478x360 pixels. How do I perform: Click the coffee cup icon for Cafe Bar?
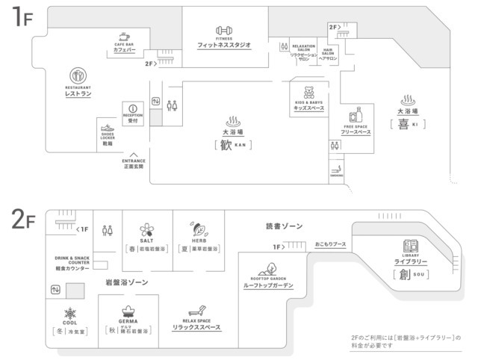click(124, 36)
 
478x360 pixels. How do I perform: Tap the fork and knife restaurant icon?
click(78, 75)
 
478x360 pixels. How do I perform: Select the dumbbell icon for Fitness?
click(225, 30)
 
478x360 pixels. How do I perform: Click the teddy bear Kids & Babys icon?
click(307, 93)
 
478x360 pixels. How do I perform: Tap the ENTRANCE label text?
click(134, 161)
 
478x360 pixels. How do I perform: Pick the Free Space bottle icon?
click(356, 116)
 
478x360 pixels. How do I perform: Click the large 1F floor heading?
click(18, 18)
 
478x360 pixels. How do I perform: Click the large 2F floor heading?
click(20, 220)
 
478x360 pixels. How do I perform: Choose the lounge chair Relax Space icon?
click(196, 309)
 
